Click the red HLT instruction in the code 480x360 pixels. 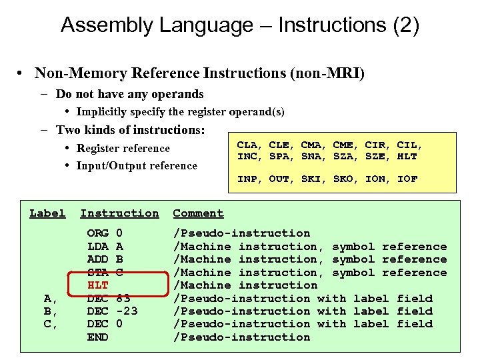[98, 285]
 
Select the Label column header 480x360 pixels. [47, 213]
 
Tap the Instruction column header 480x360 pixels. [120, 213]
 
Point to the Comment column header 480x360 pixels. [198, 213]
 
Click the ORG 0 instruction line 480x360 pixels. [105, 233]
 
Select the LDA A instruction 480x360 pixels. [105, 247]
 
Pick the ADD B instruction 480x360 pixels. [105, 259]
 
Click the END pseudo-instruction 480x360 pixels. [98, 337]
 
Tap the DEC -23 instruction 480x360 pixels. [112, 311]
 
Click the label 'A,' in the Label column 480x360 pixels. [48, 299]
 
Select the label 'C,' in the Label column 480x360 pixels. [48, 324]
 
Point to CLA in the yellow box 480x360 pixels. [248, 145]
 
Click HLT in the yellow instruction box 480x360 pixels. [407, 157]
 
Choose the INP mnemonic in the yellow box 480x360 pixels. [248, 179]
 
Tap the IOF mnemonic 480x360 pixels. [407, 179]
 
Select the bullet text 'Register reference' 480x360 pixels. [123, 149]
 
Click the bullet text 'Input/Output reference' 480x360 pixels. [137, 166]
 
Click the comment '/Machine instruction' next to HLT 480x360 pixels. [245, 285]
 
